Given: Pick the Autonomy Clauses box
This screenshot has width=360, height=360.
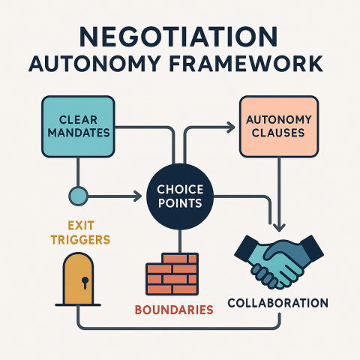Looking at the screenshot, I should coord(277,125).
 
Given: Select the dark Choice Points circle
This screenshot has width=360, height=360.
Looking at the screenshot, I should coord(180,196).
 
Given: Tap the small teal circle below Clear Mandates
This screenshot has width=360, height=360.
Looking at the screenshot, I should coord(77,197).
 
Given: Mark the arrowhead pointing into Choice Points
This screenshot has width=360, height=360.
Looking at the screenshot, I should coord(137,197).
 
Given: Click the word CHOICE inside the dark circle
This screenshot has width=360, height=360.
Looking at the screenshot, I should coord(180,189).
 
